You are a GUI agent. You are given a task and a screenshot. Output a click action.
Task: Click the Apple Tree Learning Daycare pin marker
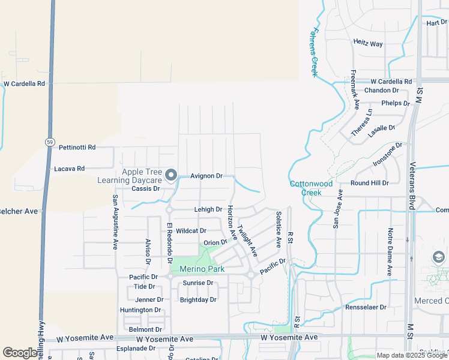coord(171,176)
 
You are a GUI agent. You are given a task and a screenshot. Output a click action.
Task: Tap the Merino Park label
coord(197,269)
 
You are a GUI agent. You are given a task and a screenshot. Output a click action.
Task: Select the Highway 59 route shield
coord(49,142)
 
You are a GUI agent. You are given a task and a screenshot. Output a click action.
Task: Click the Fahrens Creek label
coord(313,52)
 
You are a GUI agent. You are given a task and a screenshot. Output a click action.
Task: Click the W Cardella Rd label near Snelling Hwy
coord(24,84)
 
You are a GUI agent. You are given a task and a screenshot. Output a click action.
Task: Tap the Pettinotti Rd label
coord(77,147)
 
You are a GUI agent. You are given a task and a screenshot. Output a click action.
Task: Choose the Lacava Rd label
coord(69,169)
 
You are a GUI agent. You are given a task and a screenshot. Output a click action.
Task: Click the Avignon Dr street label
coord(206,176)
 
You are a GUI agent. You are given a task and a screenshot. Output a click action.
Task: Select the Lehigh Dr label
coord(208,209)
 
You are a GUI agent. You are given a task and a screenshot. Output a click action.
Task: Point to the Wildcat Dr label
coord(191,230)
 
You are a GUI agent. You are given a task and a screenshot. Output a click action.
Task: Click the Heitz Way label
coord(368,44)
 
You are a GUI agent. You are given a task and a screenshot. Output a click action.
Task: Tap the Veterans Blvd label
coord(412,185)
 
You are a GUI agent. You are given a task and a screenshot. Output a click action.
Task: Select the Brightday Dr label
coord(198,299)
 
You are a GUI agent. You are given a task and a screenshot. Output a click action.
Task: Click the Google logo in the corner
coord(20,353)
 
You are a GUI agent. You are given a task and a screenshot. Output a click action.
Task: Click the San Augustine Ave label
coord(115,222)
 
